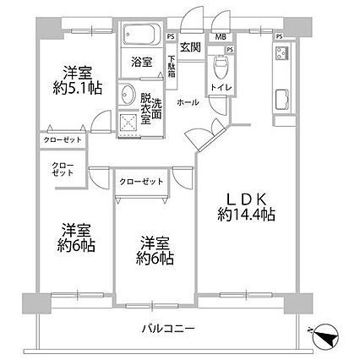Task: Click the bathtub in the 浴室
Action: [142, 34]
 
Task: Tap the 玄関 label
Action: [190, 47]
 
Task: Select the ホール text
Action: [188, 103]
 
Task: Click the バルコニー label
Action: [168, 329]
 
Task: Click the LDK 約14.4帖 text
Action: [246, 208]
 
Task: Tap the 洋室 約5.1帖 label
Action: [77, 80]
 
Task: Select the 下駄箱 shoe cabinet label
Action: [172, 67]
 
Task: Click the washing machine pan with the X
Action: [128, 123]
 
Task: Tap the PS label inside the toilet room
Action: [230, 50]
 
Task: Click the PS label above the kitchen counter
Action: [279, 36]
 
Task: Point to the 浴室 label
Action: [142, 62]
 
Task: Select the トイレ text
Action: [221, 87]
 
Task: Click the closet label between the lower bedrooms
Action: [141, 182]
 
